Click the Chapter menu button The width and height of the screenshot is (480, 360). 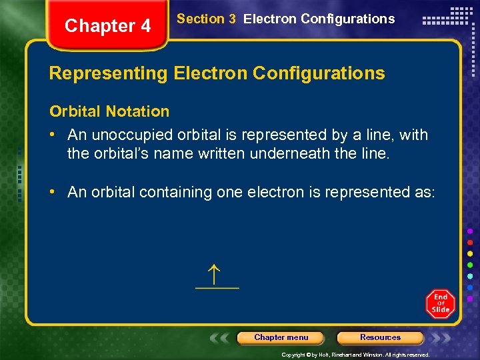coord(281,337)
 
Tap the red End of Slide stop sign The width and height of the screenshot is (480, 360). coord(441,304)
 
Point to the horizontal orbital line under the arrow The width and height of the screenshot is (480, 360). coord(217,288)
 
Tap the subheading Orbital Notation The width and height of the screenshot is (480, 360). coord(109,111)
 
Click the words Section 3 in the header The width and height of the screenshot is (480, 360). coord(206,19)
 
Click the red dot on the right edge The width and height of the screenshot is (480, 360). coord(470,242)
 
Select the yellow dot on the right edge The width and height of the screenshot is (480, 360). coord(470,253)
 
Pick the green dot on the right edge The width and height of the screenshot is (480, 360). coord(470,265)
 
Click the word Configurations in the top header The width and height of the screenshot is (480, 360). coord(352,19)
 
